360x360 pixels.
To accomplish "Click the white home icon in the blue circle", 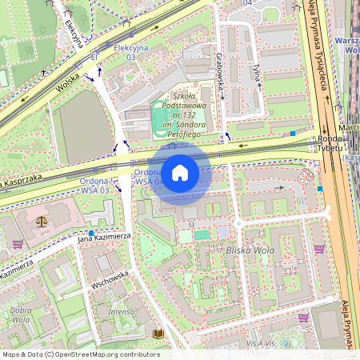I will (x=180, y=172).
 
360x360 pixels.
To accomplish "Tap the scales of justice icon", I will (x=42, y=218).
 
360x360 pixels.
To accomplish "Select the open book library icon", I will (x=158, y=333).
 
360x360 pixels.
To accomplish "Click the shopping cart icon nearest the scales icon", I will (x=18, y=244).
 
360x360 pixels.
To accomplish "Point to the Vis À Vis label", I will (x=261, y=342).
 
